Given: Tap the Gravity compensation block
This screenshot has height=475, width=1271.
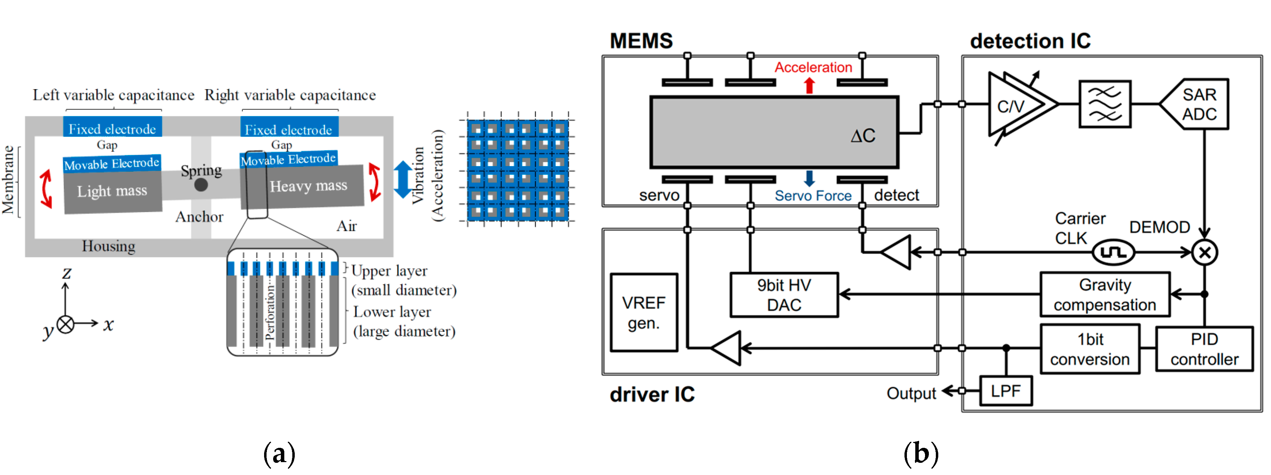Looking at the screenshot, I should click(x=1105, y=295).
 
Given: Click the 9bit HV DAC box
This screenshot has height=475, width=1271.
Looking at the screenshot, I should click(x=784, y=295).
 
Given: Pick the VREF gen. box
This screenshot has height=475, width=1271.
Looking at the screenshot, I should click(x=644, y=312).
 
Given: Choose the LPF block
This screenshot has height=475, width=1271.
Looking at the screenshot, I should click(x=1006, y=391).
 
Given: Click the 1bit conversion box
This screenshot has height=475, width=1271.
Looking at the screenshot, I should click(x=1089, y=349).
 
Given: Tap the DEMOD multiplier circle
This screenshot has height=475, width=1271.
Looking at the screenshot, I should click(x=1204, y=252).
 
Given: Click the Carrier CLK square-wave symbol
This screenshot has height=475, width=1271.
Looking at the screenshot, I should click(x=1113, y=252).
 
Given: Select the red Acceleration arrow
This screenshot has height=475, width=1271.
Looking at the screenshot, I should click(x=809, y=85).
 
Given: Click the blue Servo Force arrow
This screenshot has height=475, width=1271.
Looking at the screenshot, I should click(x=809, y=178).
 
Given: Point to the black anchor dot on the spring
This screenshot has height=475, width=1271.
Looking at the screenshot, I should click(x=201, y=185).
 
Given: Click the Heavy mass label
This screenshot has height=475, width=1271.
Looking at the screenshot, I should click(x=308, y=186).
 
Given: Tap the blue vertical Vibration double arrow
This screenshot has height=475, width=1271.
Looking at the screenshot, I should click(x=403, y=180).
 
